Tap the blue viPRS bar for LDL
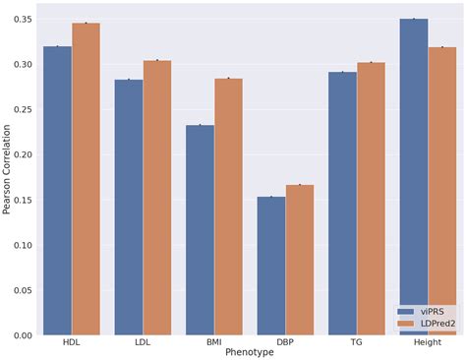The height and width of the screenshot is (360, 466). coord(129,208)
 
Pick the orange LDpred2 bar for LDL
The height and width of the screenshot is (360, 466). coord(157,198)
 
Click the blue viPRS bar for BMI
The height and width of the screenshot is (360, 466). coord(200,230)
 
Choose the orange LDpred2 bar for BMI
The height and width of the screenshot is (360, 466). coord(228,207)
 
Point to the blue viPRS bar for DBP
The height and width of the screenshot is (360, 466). coord(271,266)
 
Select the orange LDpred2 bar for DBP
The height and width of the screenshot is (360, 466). coord(300,260)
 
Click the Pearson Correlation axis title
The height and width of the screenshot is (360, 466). coord(8,177)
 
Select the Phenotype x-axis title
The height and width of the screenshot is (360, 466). coord(250,352)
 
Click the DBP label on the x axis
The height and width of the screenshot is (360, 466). coord(285,342)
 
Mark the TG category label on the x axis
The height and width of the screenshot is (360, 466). coord(357,342)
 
